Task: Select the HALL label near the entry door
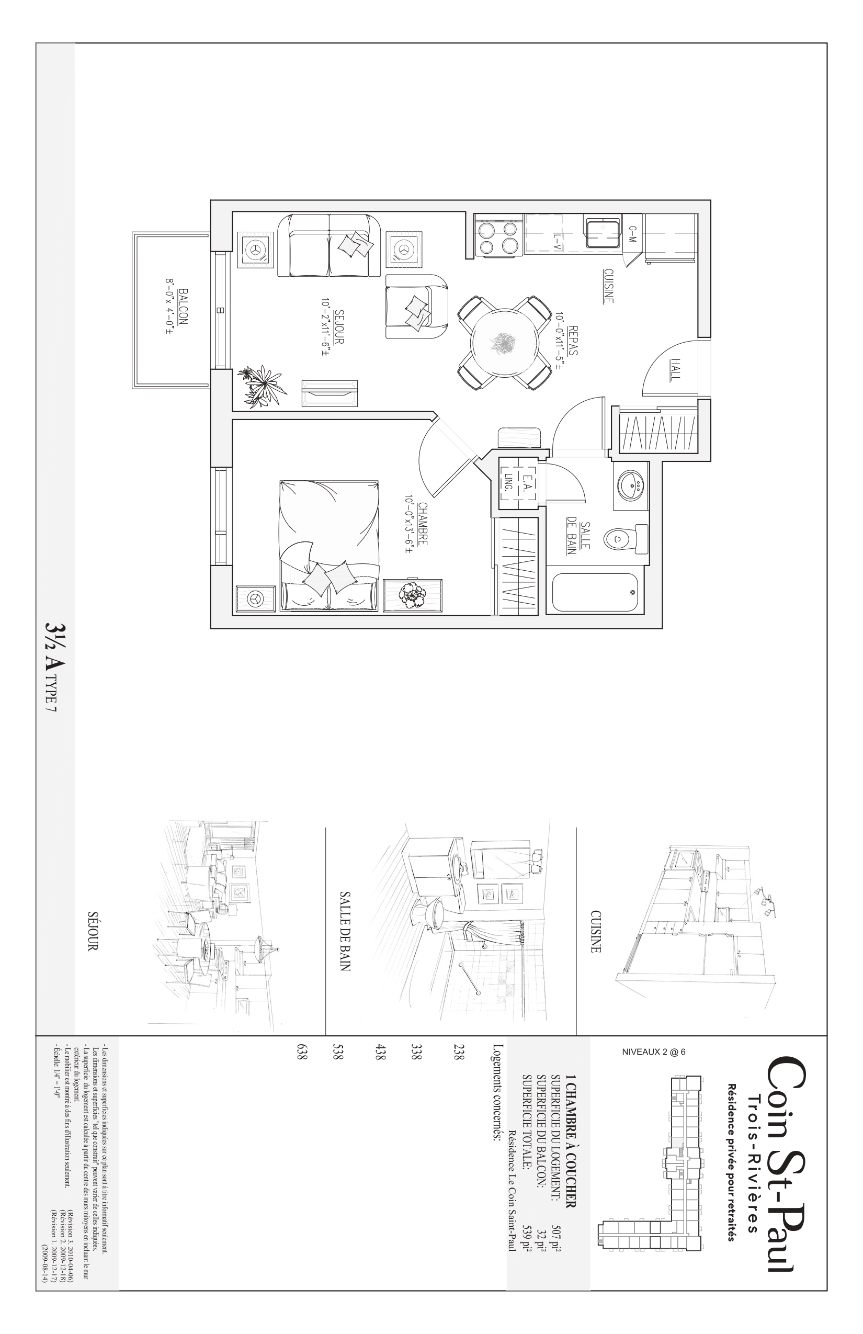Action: pyautogui.click(x=675, y=370)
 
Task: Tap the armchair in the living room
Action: pyautogui.click(x=417, y=306)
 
